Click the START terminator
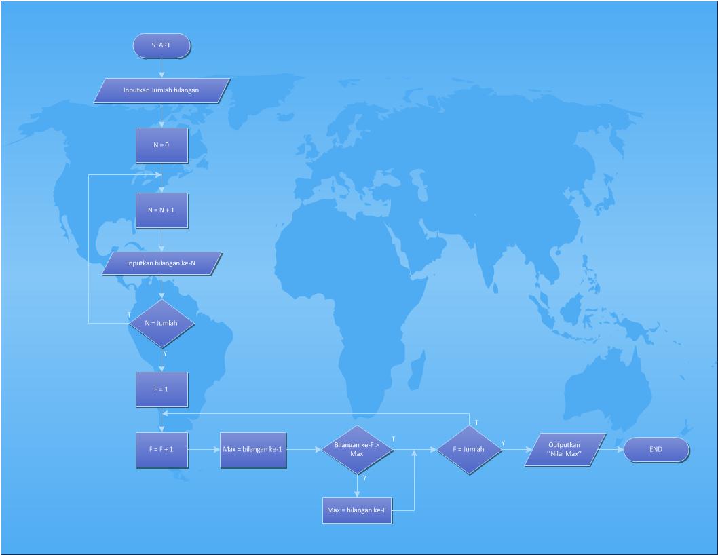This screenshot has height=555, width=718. point(162,45)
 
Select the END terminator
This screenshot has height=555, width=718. point(656,449)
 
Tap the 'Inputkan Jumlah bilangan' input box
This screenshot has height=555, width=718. point(162,90)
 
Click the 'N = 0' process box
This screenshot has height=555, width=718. point(162,145)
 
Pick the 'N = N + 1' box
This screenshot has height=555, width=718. point(162,210)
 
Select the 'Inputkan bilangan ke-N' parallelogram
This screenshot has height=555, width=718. point(162,263)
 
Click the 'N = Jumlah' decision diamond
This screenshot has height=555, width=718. point(162,323)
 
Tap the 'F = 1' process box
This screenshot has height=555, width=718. point(162,389)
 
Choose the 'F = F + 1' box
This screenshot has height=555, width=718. point(162,449)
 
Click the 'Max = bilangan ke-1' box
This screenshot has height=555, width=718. point(253,449)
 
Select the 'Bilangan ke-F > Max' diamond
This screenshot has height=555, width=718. point(357,449)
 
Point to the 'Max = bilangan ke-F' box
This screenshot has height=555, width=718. point(358,510)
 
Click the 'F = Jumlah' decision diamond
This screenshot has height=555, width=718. point(469,449)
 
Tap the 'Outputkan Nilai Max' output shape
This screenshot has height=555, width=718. point(565,449)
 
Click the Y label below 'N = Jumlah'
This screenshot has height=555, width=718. point(166,353)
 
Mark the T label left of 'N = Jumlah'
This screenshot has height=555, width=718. point(129,315)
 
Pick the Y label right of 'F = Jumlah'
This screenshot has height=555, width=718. point(503,443)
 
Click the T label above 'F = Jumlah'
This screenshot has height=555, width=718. point(476,423)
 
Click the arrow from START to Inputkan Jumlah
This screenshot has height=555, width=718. point(162,68)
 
